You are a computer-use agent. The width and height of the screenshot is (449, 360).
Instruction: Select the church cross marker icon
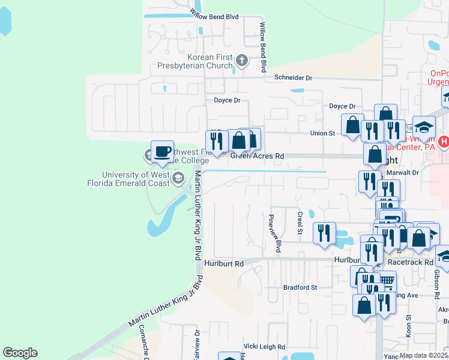click(x=241, y=59)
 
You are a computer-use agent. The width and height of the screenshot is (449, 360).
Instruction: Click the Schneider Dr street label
click(x=294, y=78)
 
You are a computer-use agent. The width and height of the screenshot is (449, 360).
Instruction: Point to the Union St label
click(x=322, y=133)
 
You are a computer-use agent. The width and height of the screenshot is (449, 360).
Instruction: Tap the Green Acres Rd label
click(x=257, y=156)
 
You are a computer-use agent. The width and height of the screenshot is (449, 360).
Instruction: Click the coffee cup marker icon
click(x=162, y=151)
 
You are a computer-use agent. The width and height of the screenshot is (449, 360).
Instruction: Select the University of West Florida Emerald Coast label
click(x=136, y=179)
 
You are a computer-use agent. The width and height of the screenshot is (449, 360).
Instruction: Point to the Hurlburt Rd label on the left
click(x=223, y=263)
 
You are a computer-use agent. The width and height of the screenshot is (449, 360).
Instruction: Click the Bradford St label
click(x=300, y=287)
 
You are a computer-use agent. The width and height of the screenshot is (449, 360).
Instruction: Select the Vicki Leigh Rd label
click(x=264, y=346)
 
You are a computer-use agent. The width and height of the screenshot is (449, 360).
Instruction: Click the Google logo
click(x=20, y=353)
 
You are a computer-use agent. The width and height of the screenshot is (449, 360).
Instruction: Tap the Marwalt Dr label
click(x=402, y=172)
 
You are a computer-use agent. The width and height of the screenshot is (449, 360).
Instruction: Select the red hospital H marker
click(x=444, y=142)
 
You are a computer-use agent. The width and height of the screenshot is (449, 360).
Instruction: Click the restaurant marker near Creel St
click(x=325, y=232)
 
